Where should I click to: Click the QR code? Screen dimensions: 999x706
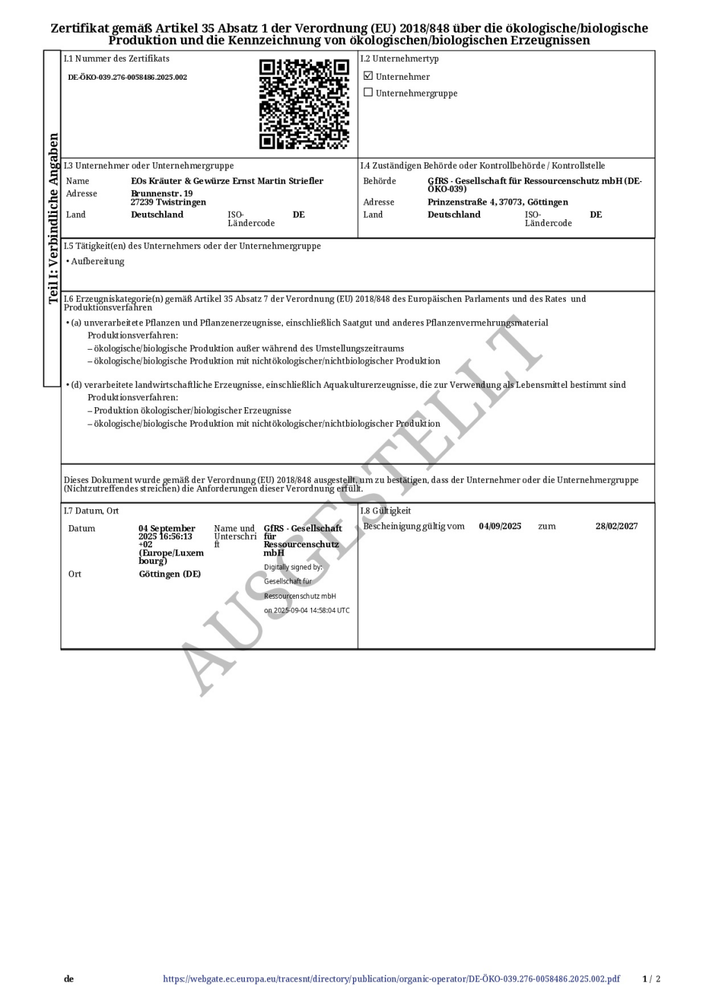[x=304, y=104]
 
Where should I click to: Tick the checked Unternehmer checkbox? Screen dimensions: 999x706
[x=368, y=76]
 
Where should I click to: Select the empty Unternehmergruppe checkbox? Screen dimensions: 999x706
[x=368, y=92]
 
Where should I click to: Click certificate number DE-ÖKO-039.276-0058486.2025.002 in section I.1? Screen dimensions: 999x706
[x=128, y=77]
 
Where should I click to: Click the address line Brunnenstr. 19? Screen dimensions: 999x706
[x=162, y=194]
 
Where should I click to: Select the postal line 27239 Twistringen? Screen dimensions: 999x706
[x=169, y=203]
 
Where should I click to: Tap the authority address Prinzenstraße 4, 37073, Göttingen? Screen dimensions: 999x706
[x=497, y=203]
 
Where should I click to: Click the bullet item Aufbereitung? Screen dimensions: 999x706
[x=97, y=262]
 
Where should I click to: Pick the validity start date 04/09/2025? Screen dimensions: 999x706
[x=499, y=526]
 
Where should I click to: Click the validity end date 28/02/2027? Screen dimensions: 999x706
[x=616, y=526]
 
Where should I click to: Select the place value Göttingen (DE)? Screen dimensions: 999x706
[x=169, y=574]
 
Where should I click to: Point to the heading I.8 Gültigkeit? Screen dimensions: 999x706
[x=386, y=511]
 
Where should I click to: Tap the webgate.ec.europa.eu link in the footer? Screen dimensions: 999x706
[x=391, y=979]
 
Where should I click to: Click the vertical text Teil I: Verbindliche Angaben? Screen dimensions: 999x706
[x=53, y=219]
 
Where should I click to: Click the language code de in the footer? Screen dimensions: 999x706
[x=69, y=979]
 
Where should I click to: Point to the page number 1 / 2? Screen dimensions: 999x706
[x=651, y=979]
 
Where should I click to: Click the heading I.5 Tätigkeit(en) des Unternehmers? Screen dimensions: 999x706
[x=192, y=246]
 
